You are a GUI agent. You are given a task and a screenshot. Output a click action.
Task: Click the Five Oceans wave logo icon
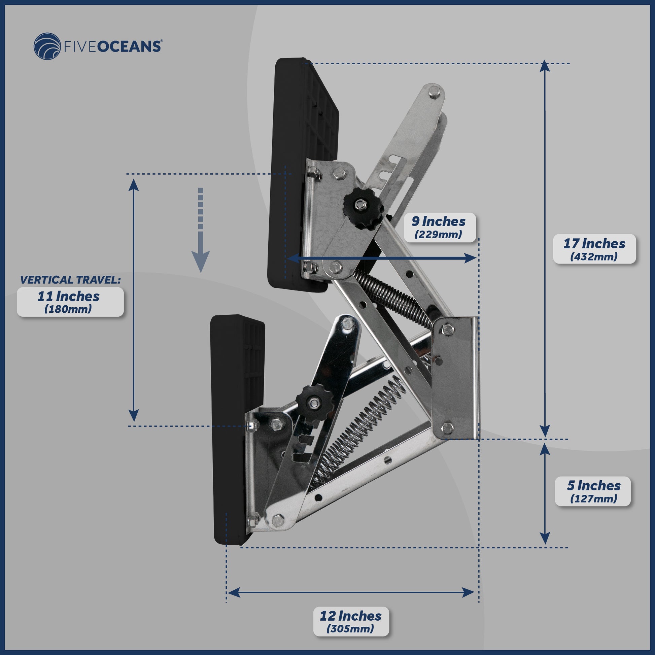pos(47,46)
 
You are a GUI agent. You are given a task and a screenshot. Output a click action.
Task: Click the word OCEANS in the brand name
pos(129,46)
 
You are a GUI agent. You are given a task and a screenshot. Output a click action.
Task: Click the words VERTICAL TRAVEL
pos(70,280)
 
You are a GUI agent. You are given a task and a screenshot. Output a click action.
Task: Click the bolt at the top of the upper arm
pos(434,92)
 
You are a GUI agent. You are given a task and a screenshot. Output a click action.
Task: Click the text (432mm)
pos(594,256)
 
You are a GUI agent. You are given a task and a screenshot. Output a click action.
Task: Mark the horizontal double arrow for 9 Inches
pos(382,258)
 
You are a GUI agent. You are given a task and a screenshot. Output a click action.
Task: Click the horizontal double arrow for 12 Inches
pos(350,593)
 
